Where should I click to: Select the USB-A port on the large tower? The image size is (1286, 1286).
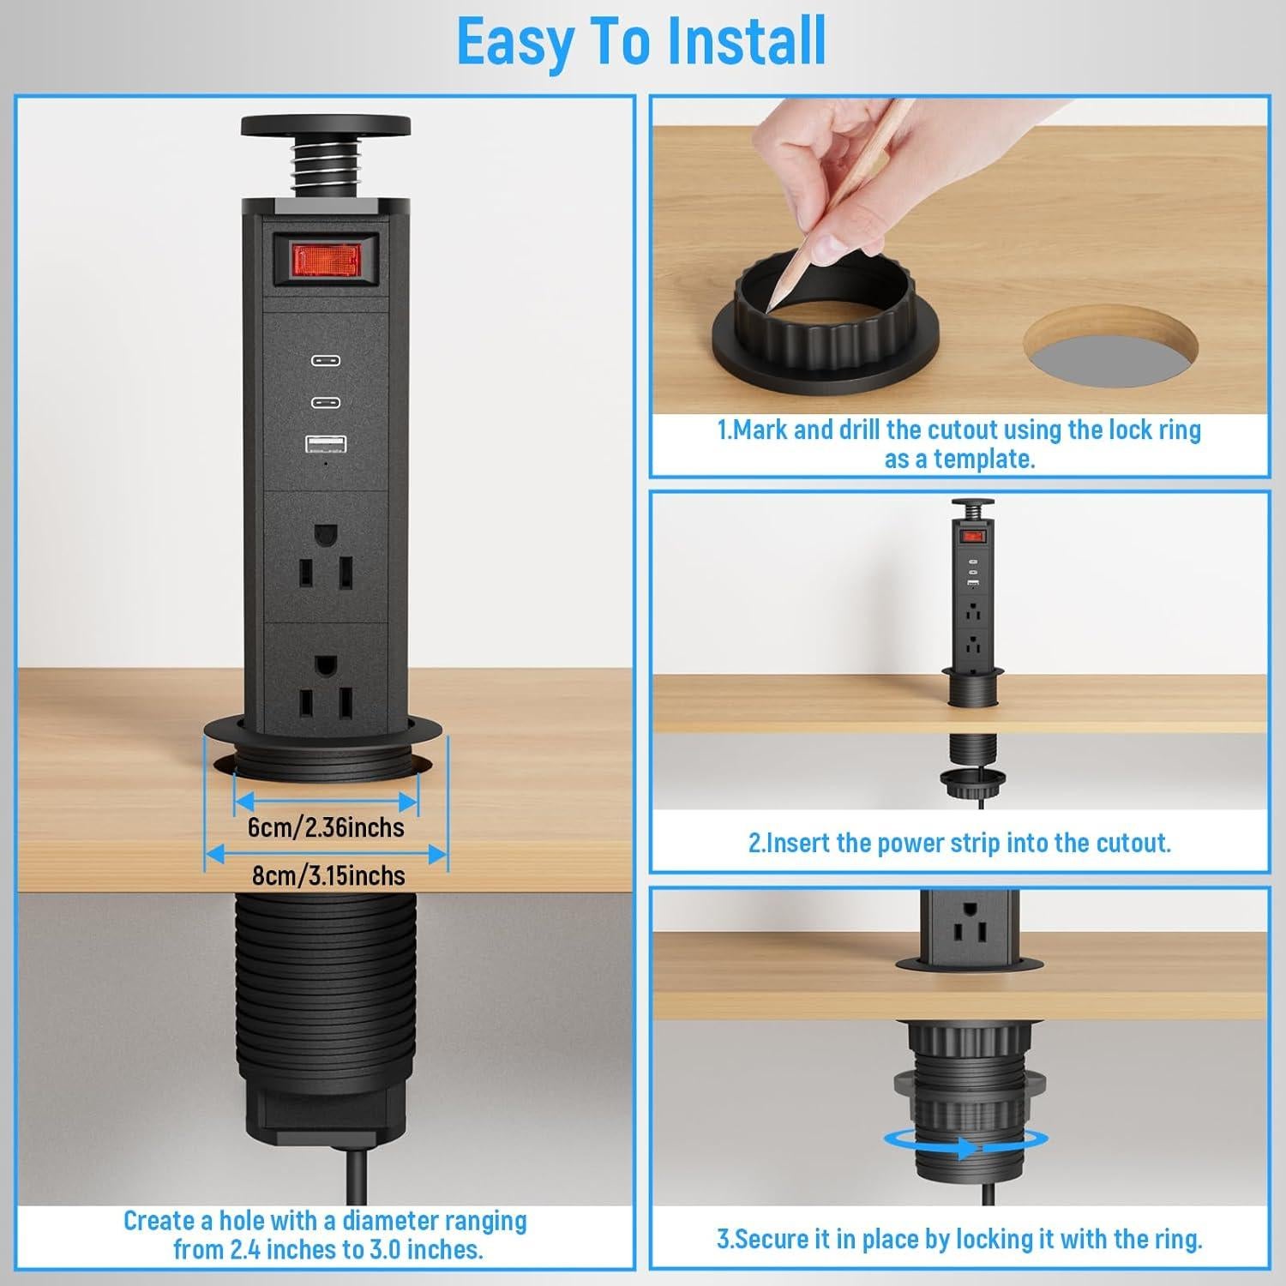tap(326, 443)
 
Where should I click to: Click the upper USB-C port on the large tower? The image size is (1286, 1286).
tap(326, 361)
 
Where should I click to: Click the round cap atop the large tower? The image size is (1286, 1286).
tap(326, 126)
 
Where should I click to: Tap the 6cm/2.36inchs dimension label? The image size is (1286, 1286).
tap(326, 827)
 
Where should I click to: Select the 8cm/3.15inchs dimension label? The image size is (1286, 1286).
tap(328, 875)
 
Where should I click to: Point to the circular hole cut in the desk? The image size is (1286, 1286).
tap(1100, 346)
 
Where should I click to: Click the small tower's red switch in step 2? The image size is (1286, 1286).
tap(972, 537)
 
